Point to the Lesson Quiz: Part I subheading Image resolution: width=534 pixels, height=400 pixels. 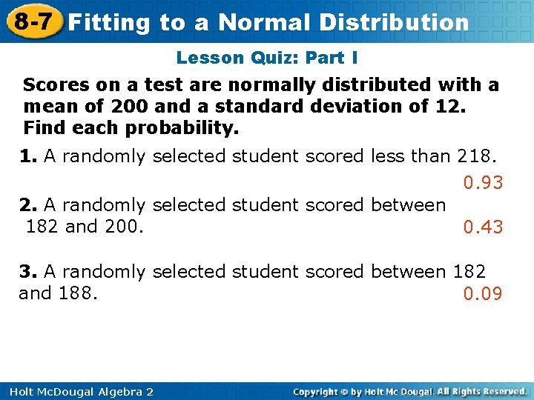(x=267, y=57)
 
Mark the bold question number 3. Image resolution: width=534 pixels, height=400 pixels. (x=27, y=272)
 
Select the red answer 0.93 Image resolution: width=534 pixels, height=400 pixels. (x=483, y=182)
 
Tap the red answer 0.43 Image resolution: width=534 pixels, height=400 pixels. (x=483, y=227)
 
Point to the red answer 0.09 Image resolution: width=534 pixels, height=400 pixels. (x=483, y=294)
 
